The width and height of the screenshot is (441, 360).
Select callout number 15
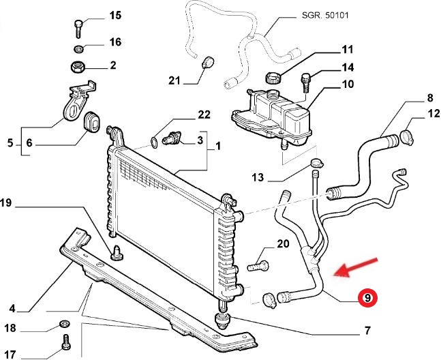click(114, 15)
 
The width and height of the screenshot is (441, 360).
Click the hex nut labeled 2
click(76, 67)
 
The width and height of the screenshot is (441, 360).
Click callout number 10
click(348, 85)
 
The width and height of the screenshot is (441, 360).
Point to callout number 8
click(411, 97)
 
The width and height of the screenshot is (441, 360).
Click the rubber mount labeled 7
click(223, 320)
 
